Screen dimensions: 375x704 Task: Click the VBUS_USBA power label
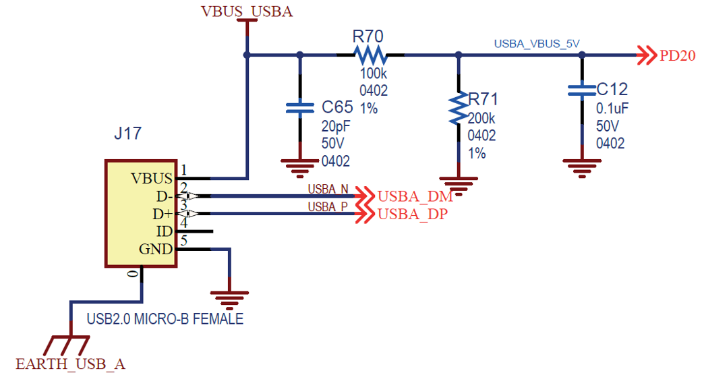(x=247, y=11)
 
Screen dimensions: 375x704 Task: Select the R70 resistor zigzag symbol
(x=370, y=54)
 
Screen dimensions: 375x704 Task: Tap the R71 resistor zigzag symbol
(x=459, y=110)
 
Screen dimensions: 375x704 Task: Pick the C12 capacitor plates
(x=581, y=90)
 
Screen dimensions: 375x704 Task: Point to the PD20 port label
(x=676, y=56)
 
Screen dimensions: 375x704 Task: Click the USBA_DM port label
(x=414, y=196)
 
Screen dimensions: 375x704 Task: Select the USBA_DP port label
(x=413, y=214)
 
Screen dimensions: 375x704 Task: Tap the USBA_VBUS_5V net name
(x=537, y=43)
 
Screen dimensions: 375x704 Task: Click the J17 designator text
(x=127, y=133)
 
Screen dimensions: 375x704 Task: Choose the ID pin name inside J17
(x=164, y=231)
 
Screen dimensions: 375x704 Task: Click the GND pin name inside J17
(x=156, y=249)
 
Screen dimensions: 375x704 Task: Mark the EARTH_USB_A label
(x=70, y=364)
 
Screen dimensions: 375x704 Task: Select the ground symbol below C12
(x=581, y=166)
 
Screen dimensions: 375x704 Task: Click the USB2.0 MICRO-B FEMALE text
(x=165, y=319)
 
